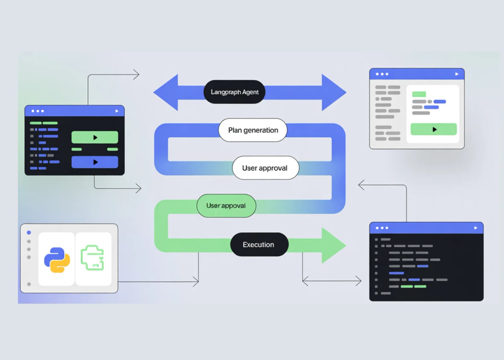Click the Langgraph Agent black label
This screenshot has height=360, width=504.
[234, 92]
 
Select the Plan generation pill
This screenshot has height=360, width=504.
[253, 130]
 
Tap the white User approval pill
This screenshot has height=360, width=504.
[265, 168]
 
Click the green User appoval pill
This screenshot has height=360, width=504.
[226, 206]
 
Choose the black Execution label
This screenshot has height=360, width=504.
[259, 244]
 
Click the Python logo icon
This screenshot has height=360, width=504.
[57, 260]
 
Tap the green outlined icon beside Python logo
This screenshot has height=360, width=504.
[93, 258]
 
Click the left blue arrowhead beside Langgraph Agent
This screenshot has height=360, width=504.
[167, 93]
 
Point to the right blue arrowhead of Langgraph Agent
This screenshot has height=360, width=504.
[333, 93]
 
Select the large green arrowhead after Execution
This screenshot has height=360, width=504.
[333, 245]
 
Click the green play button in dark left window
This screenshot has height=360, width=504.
[95, 137]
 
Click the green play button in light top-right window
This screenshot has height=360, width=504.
[433, 129]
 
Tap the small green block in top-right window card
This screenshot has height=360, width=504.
[419, 94]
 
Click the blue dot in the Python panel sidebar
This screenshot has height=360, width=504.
[29, 232]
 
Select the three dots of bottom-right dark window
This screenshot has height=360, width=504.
[382, 228]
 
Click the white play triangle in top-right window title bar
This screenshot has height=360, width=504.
[456, 74]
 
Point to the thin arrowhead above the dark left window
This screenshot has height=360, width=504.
[137, 75]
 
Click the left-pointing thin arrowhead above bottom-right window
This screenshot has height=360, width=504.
[361, 185]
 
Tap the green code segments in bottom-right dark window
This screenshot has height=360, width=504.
[413, 286]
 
